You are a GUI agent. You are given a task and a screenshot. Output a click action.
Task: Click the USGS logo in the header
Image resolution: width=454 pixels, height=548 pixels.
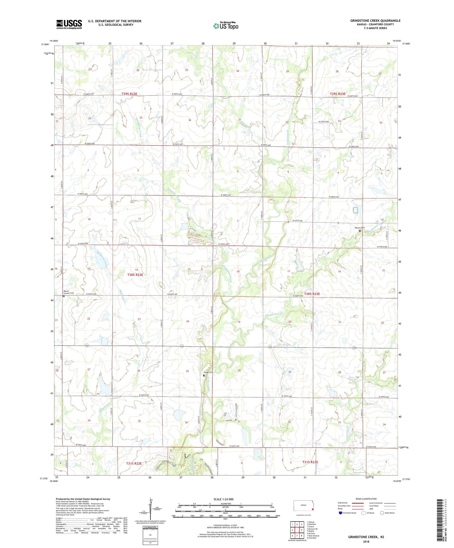coord(69,24)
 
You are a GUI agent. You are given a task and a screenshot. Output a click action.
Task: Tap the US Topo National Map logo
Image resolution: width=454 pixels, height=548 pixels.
coord(226,25)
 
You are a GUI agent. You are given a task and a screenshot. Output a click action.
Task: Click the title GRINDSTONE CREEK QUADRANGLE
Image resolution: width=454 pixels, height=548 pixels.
coord(375,21)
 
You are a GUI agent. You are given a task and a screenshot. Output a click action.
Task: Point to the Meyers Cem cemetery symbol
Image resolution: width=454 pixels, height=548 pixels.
coord(360,231)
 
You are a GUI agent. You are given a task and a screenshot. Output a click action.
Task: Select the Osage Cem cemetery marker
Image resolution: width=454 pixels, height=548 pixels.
coord(204,375)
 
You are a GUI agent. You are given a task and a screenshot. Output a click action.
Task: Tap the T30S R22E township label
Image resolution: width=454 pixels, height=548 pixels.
coord(135,275)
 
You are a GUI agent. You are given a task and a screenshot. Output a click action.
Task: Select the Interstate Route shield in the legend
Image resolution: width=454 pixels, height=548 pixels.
coord(340,513)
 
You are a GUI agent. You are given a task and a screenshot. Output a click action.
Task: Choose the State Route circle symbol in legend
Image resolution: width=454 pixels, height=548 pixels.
coord(382,513)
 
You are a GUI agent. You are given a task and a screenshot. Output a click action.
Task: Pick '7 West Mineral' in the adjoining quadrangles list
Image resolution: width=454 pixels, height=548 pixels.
coord(314,536)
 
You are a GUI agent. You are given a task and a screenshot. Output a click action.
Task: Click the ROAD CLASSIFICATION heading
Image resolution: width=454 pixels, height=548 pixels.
coord(366,499)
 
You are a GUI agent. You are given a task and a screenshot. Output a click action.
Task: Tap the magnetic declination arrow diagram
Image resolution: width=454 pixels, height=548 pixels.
coord(150,508)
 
